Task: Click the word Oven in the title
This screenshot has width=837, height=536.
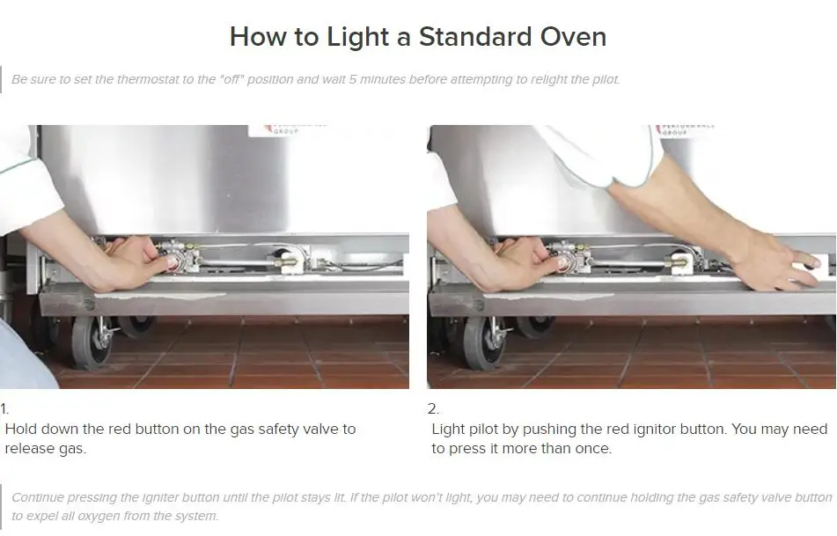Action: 573,37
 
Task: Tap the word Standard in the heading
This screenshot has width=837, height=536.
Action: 474,37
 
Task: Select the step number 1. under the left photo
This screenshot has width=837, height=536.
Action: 4,409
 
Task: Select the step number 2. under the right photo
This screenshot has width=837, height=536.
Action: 433,409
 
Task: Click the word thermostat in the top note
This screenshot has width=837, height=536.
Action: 148,79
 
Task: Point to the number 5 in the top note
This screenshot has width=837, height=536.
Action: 352,79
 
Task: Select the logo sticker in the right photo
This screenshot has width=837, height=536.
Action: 685,129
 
